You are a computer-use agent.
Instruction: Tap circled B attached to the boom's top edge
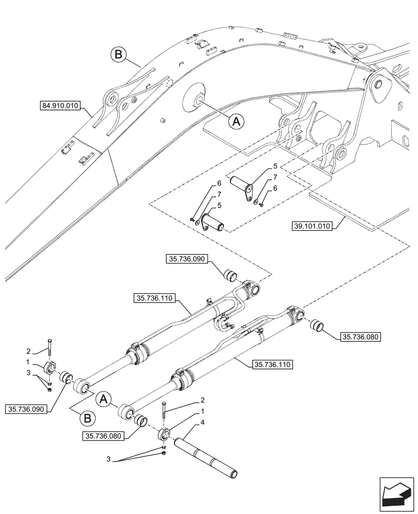(118, 55)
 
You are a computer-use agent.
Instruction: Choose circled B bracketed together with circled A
(88, 418)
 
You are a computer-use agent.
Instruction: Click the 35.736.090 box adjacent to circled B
(27, 409)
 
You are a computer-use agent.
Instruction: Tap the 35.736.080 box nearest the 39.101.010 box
(359, 337)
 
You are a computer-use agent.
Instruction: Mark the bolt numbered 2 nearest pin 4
(164, 410)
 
